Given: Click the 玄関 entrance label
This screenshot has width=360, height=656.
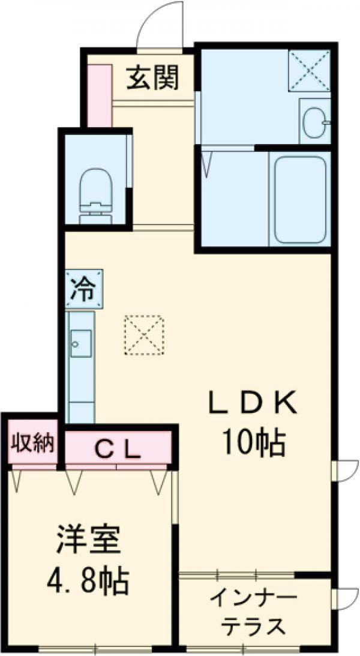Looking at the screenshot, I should point(152,78).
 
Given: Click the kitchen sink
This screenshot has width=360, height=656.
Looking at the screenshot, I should point(80,342).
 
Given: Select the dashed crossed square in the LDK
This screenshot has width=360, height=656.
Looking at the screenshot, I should point(144,336).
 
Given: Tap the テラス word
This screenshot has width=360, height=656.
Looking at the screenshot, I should point(253,627).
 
